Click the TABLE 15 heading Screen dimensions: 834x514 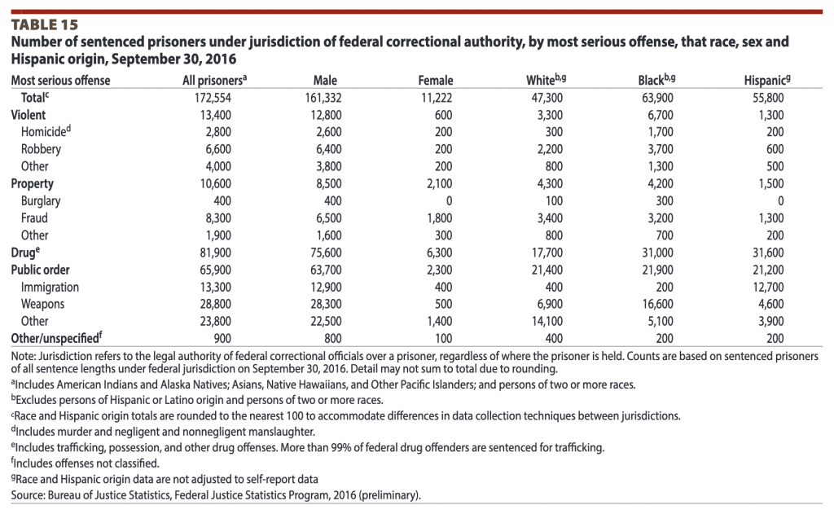click(x=45, y=25)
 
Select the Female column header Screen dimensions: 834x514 click(x=436, y=81)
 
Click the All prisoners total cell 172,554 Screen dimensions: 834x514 click(x=213, y=98)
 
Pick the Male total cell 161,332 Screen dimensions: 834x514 click(x=323, y=98)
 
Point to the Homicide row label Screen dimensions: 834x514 click(x=46, y=131)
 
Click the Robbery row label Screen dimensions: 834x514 click(x=41, y=149)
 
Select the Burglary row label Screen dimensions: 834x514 click(x=41, y=201)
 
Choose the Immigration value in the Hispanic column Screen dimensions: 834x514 click(x=768, y=288)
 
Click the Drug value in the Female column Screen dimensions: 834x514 click(x=439, y=253)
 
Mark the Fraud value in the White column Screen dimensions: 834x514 click(x=550, y=218)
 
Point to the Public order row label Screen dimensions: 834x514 click(x=41, y=270)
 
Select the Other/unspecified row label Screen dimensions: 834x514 click(x=57, y=338)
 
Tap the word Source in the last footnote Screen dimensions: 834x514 click(x=27, y=495)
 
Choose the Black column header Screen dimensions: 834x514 click(x=657, y=80)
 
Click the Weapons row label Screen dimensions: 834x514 click(x=42, y=305)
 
